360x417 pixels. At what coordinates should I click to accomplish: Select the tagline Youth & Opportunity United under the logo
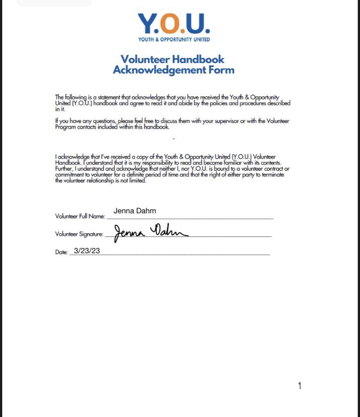(x=174, y=40)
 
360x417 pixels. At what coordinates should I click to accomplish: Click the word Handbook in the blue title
(x=198, y=59)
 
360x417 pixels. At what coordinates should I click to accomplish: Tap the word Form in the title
(x=220, y=70)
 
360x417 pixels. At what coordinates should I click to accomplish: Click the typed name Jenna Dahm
(x=134, y=211)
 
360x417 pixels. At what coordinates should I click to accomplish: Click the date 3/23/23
(x=87, y=251)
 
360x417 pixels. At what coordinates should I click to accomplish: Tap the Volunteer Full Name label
(x=80, y=216)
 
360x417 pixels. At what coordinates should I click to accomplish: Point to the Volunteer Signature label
(x=79, y=234)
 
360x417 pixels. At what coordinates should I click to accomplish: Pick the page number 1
(x=300, y=386)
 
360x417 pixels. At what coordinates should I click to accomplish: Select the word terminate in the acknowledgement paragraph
(x=273, y=175)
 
